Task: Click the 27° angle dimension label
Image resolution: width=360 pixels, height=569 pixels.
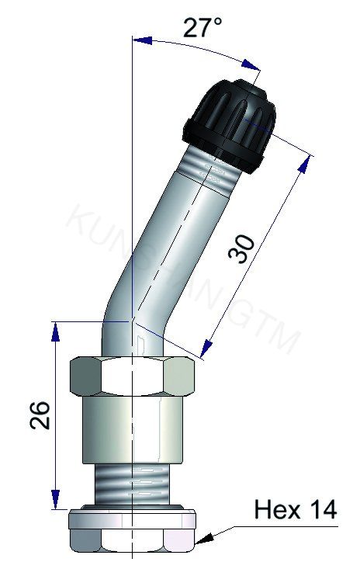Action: pyautogui.click(x=203, y=29)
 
